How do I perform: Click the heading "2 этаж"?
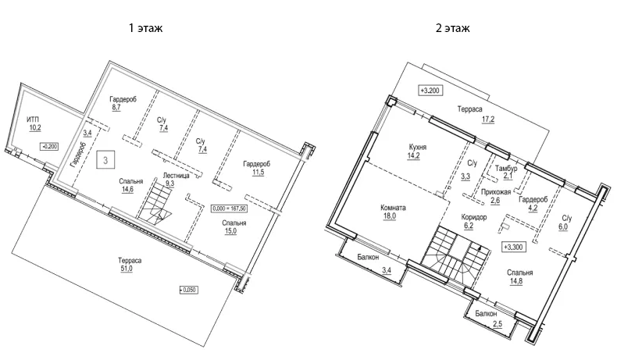(x=453, y=27)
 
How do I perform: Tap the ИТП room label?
(x=34, y=118)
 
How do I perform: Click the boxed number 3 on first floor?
(x=104, y=161)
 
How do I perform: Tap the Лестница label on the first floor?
(x=176, y=176)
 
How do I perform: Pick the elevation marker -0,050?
(x=189, y=290)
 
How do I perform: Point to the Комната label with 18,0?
(x=393, y=209)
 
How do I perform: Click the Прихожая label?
(x=495, y=191)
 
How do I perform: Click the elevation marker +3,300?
(x=512, y=247)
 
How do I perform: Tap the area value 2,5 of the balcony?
(x=498, y=323)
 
